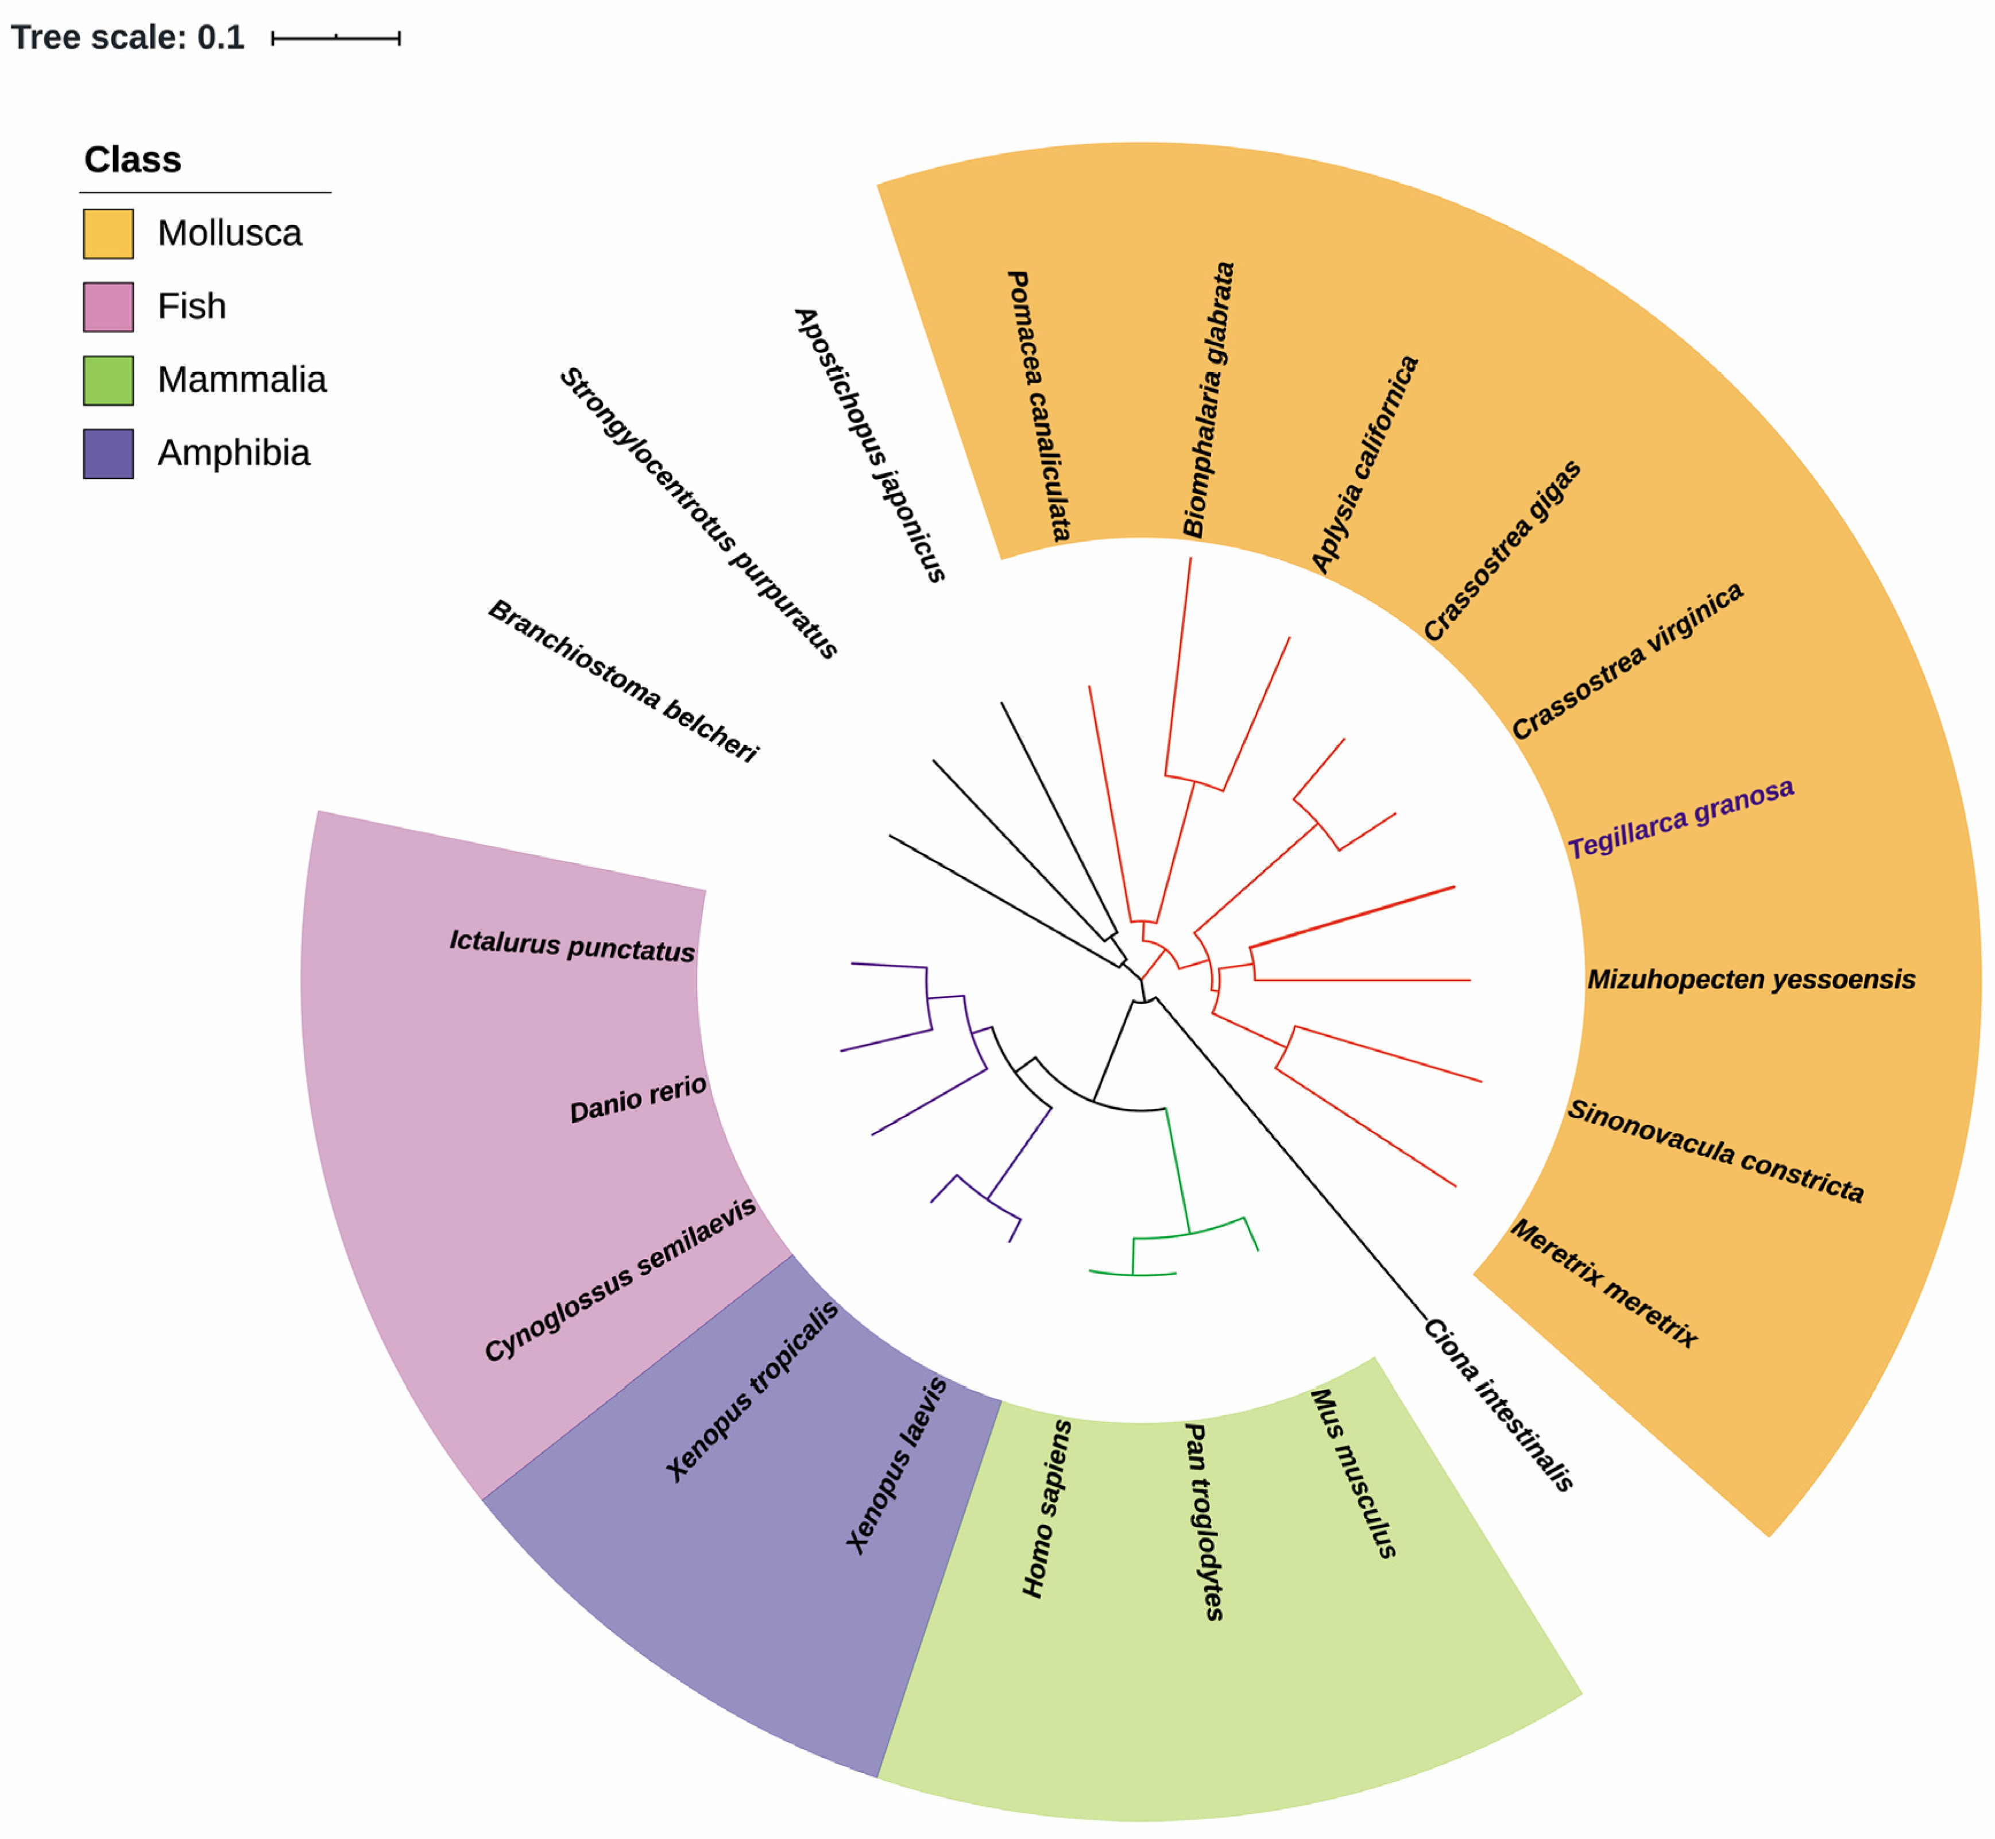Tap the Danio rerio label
(638, 1099)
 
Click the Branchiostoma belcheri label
(623, 682)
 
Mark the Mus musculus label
(1353, 1473)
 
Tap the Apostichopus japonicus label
(869, 445)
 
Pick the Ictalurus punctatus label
(571, 945)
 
